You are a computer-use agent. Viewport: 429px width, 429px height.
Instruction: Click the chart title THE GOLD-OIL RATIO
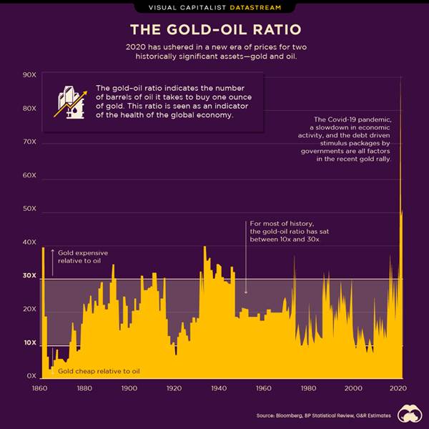tap(214, 30)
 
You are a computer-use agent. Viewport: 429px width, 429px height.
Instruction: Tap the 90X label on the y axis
tap(30, 75)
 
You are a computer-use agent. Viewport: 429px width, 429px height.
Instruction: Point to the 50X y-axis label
tap(30, 209)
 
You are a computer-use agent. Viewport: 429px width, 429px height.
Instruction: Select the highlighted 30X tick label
tap(30, 275)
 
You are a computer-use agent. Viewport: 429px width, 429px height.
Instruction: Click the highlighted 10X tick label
tap(30, 342)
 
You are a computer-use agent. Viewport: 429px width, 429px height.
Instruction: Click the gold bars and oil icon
tap(71, 104)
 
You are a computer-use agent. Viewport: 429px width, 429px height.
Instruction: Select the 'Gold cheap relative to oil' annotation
tap(99, 371)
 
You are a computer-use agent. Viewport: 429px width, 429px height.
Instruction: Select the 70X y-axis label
tap(30, 142)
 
